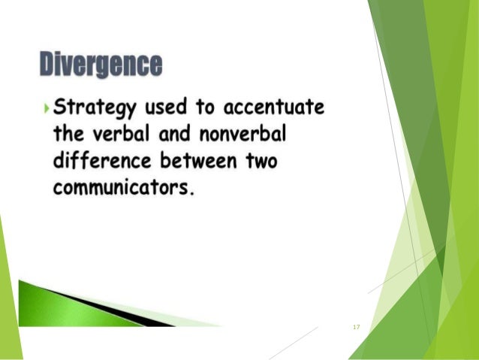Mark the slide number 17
pyautogui.click(x=356, y=327)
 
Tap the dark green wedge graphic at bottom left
pyautogui.click(x=83, y=304)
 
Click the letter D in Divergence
pyautogui.click(x=49, y=65)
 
